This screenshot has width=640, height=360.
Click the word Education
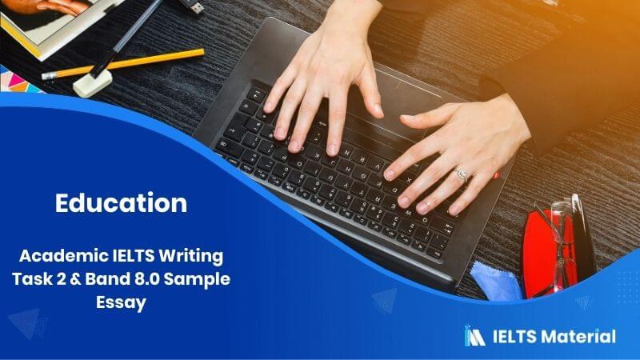tap(122, 203)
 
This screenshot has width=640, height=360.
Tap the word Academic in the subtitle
tap(63, 256)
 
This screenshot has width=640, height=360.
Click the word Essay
tap(122, 303)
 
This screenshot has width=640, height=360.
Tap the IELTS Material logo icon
tap(474, 335)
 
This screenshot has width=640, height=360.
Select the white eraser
tap(93, 83)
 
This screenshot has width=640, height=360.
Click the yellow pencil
tap(122, 64)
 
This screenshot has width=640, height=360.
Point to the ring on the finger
tap(462, 174)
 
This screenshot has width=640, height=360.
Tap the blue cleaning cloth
tap(495, 281)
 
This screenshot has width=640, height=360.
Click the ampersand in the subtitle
tap(74, 279)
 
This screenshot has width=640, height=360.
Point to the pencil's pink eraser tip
tap(49, 76)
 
